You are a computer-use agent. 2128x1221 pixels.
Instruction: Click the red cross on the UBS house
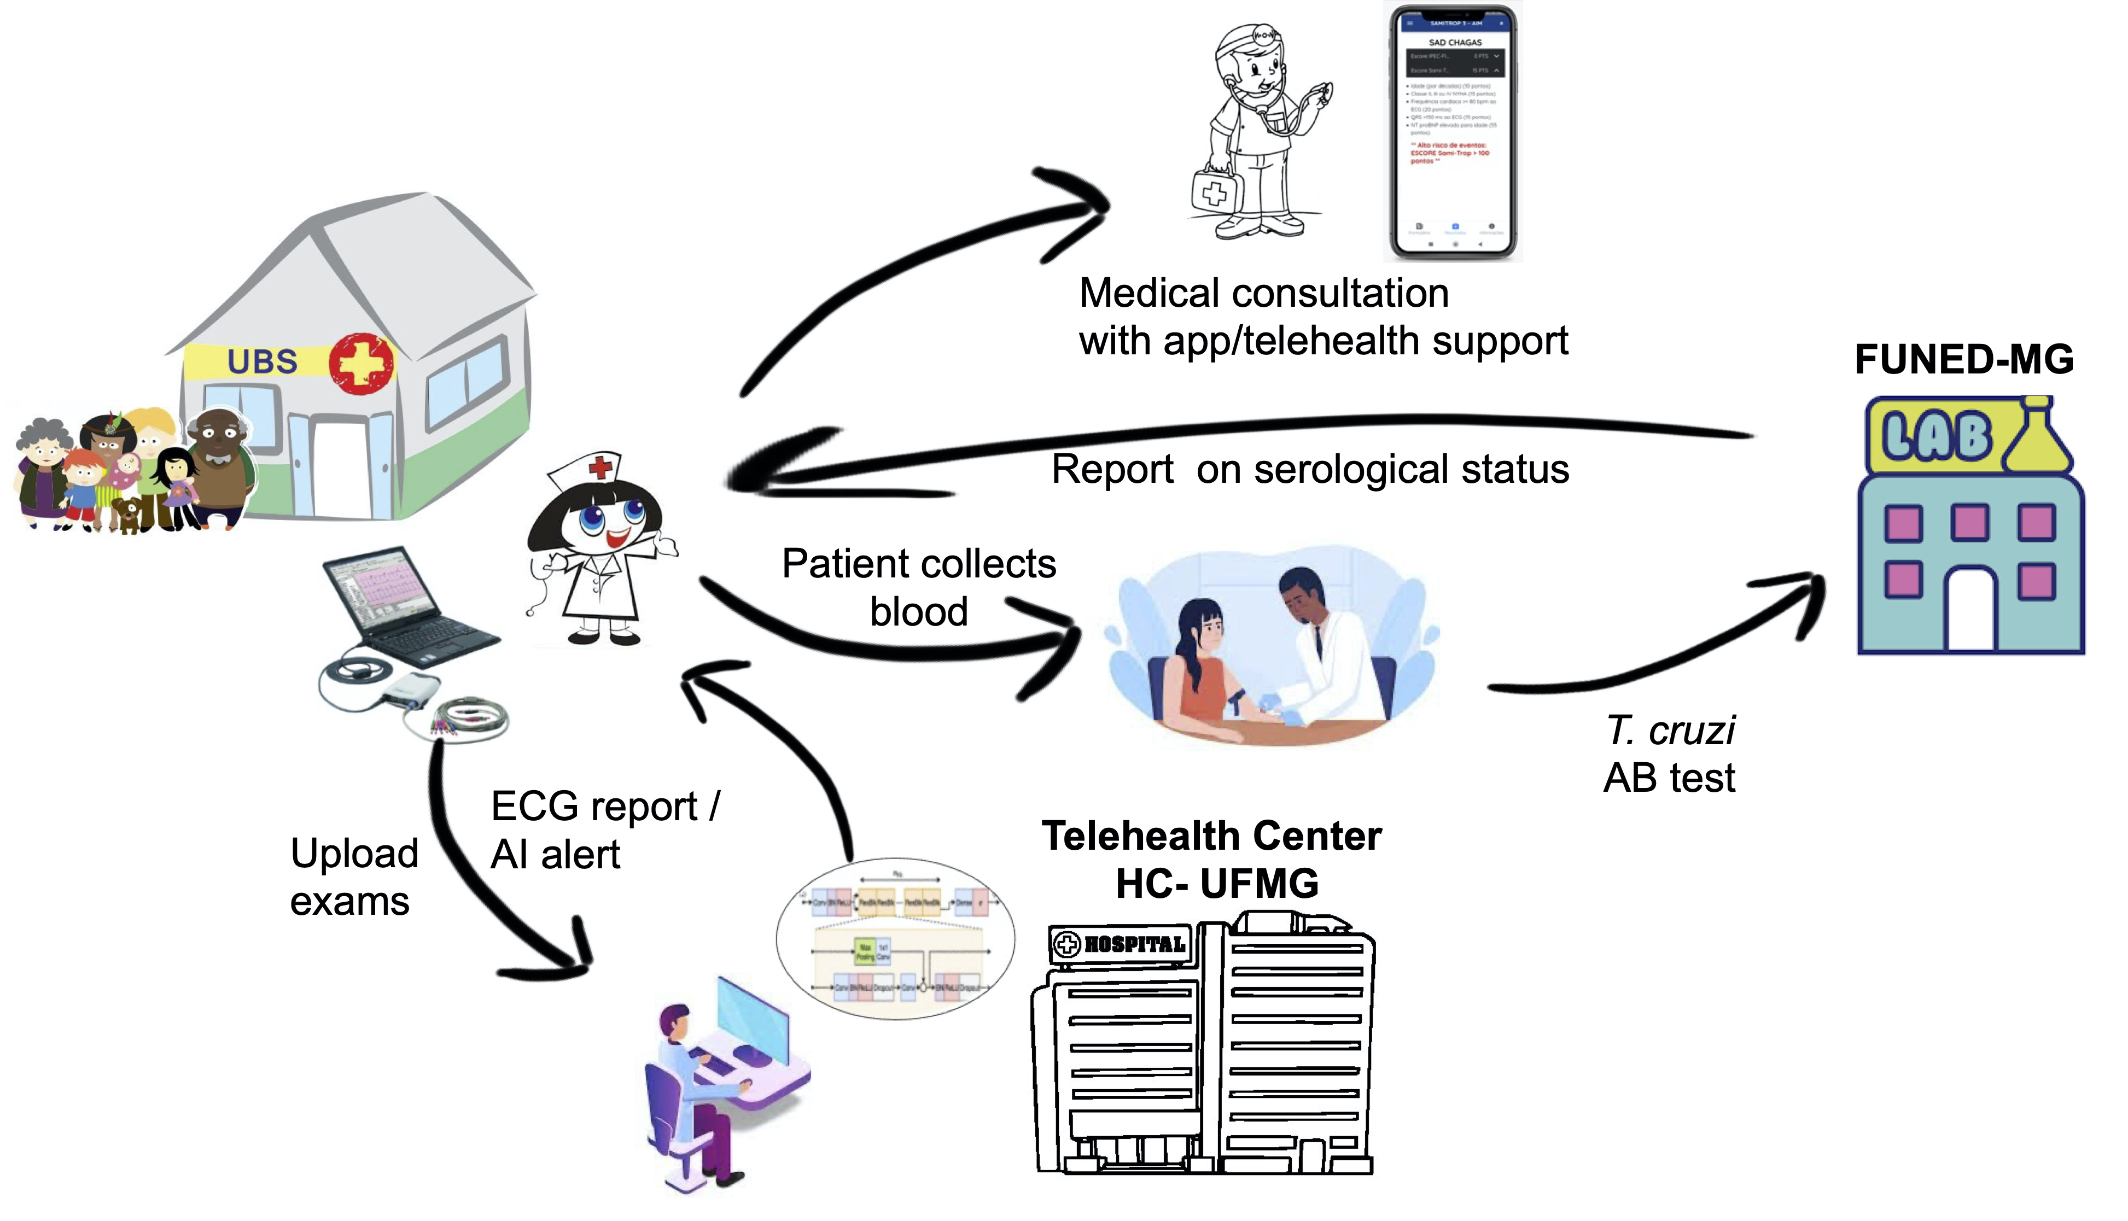click(x=360, y=363)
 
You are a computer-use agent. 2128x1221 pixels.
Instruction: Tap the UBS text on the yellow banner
click(x=262, y=361)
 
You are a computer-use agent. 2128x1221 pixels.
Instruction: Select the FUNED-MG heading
click(x=1963, y=360)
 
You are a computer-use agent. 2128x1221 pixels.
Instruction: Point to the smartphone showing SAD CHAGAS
click(x=1454, y=132)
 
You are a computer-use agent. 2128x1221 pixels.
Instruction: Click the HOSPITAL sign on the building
click(x=1122, y=944)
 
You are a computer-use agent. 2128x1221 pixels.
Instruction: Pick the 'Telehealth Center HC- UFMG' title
click(x=1212, y=860)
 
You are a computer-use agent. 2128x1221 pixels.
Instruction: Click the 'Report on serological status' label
click(x=1310, y=469)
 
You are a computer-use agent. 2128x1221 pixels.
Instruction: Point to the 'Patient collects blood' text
click(x=918, y=587)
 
